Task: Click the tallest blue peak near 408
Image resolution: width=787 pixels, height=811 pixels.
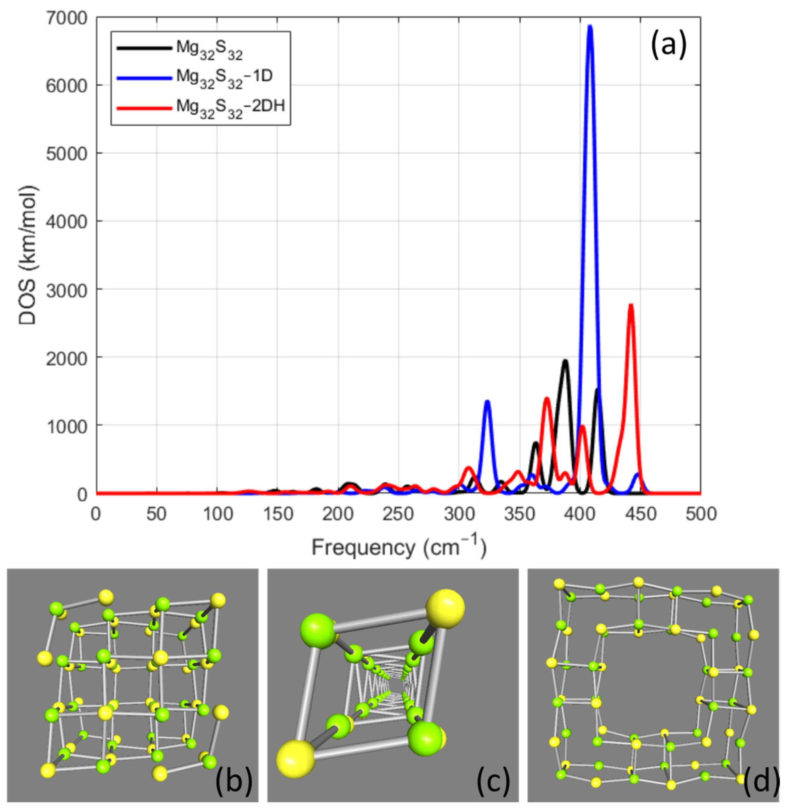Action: click(x=590, y=27)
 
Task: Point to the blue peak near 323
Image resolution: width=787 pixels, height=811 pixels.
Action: click(x=487, y=402)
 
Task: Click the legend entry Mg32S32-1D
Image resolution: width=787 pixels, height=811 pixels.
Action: click(x=223, y=78)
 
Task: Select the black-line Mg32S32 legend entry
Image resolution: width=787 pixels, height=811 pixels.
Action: click(x=209, y=48)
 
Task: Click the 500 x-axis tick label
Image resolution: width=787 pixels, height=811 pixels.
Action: click(x=701, y=515)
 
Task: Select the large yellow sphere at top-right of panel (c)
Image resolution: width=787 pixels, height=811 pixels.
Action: click(x=446, y=609)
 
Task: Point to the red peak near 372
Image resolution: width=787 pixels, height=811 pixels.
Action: click(x=547, y=399)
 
